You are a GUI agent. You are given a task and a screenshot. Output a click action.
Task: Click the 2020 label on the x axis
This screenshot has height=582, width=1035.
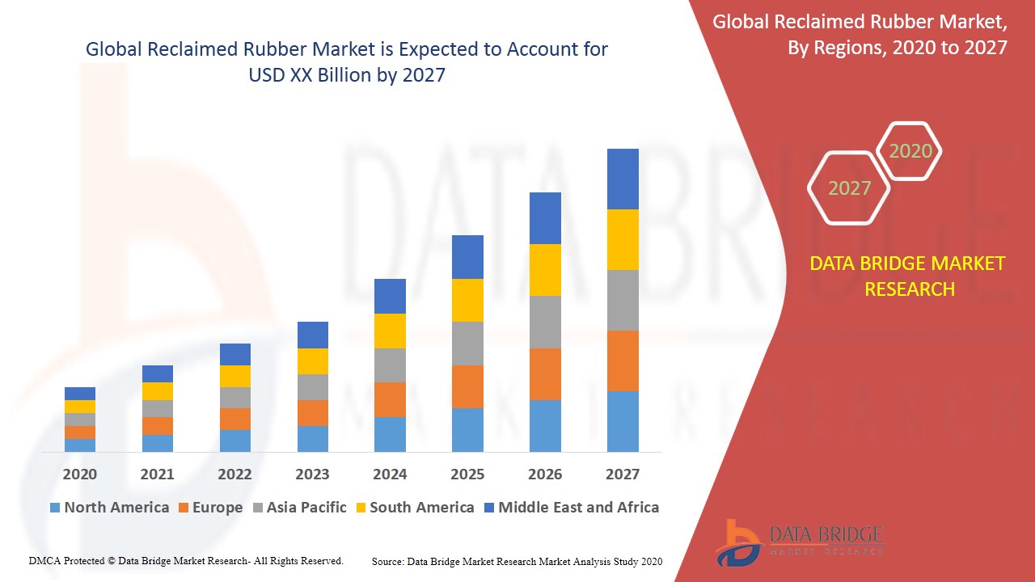click(x=79, y=474)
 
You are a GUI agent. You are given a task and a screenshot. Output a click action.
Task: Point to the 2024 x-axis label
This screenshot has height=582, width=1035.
click(x=390, y=474)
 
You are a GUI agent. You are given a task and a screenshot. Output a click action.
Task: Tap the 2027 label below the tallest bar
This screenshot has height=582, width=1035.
click(x=622, y=474)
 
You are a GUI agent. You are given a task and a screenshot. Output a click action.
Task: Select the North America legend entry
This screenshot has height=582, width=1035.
click(x=109, y=508)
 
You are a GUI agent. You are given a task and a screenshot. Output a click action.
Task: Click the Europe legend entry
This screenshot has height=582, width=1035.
click(x=209, y=508)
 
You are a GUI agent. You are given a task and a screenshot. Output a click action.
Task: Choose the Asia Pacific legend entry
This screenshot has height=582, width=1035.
click(x=298, y=508)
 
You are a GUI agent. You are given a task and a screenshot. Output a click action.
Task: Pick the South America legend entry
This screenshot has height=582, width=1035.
click(x=413, y=508)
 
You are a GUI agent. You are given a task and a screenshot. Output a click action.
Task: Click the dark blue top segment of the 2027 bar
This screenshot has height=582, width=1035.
click(x=623, y=179)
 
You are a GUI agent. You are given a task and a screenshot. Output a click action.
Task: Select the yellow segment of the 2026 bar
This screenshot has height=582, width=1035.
click(x=545, y=269)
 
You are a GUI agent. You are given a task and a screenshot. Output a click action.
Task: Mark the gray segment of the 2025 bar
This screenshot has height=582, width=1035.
click(x=467, y=343)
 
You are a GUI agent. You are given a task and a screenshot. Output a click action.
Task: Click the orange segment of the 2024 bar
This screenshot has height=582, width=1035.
click(x=390, y=399)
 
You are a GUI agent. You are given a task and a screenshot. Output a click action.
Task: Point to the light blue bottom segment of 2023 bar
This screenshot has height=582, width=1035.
click(x=313, y=438)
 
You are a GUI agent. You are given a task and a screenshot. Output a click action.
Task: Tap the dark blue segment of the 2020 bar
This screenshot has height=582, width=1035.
click(x=80, y=394)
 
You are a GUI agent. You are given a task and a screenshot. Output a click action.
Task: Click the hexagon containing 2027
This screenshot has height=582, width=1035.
click(x=849, y=188)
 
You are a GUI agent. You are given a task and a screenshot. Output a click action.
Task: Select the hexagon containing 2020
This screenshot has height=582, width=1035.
click(x=910, y=151)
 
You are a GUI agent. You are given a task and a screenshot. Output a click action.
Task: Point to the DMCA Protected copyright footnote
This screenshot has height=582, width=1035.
click(x=186, y=560)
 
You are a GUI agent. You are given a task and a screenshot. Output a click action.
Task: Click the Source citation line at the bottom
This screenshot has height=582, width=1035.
click(x=517, y=561)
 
